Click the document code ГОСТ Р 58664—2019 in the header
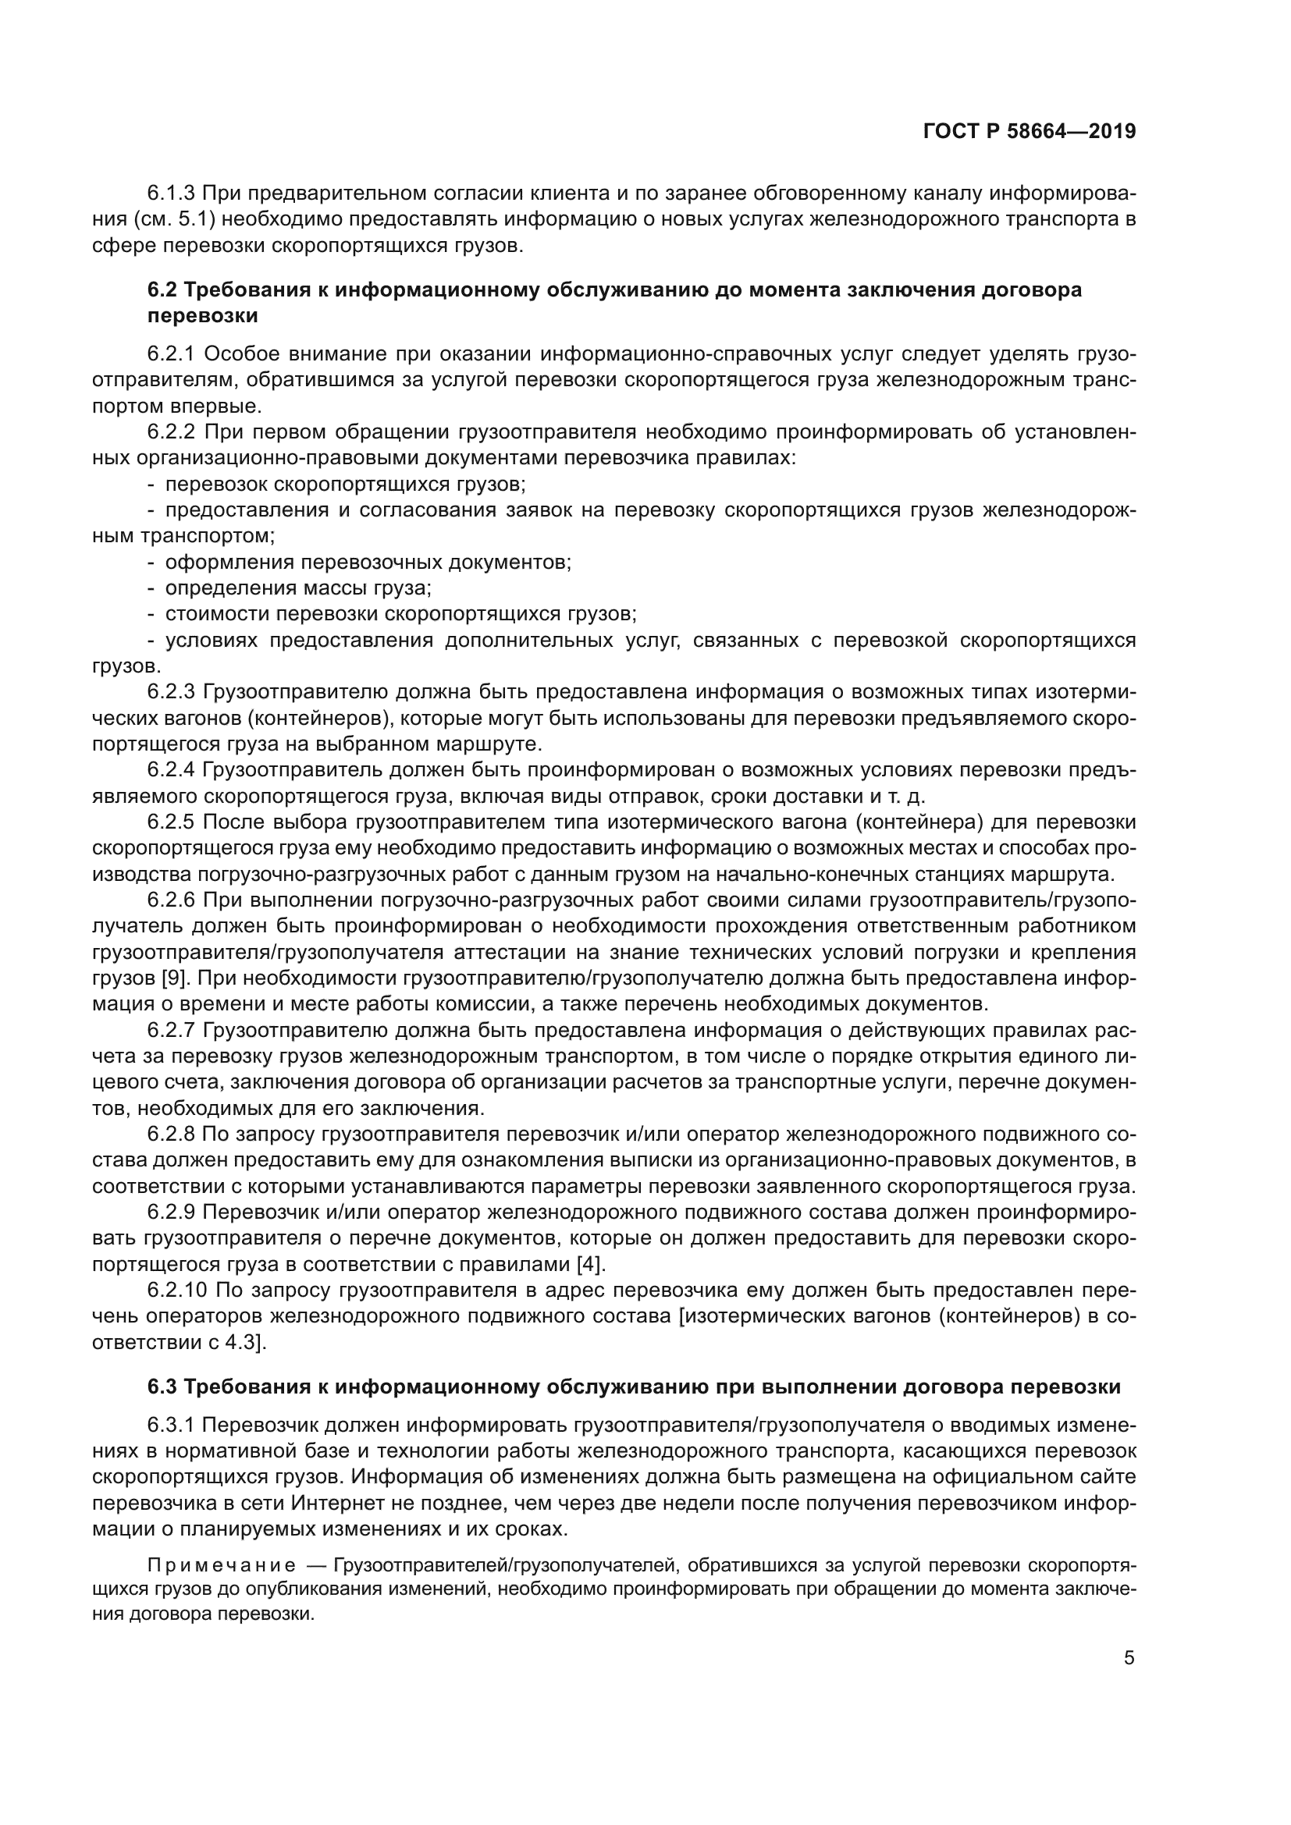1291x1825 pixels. tap(1030, 132)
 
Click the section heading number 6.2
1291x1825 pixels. tap(163, 290)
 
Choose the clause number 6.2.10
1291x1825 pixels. tap(176, 1289)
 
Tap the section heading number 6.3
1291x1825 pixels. tap(163, 1387)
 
